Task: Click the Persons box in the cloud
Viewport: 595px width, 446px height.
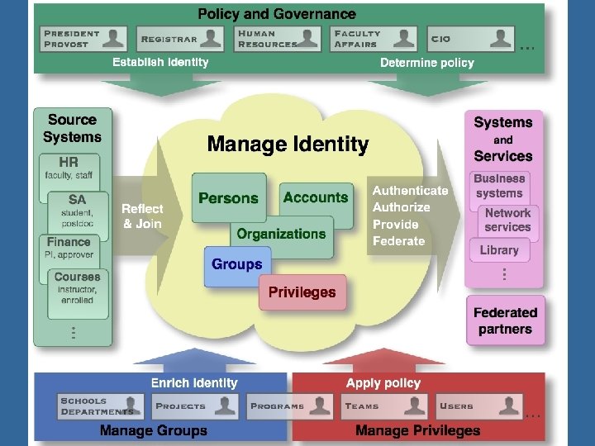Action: pyautogui.click(x=228, y=198)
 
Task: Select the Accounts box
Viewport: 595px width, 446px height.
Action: pyautogui.click(x=316, y=197)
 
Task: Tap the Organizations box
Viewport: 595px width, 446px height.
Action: pyautogui.click(x=281, y=234)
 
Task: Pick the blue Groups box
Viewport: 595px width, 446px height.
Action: pyautogui.click(x=236, y=265)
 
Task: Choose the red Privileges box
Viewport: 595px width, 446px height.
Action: pyautogui.click(x=302, y=292)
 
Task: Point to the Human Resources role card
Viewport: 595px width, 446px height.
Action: pyautogui.click(x=278, y=38)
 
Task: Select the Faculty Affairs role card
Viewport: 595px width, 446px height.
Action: pyautogui.click(x=374, y=38)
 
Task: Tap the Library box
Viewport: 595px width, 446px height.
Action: pyautogui.click(x=500, y=249)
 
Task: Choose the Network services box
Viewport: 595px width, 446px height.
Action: pyautogui.click(x=507, y=220)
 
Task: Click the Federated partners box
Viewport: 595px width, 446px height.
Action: pyautogui.click(x=505, y=320)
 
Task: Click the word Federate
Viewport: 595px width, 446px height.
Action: pyautogui.click(x=398, y=241)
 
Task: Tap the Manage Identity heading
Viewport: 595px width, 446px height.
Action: pyautogui.click(x=288, y=145)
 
